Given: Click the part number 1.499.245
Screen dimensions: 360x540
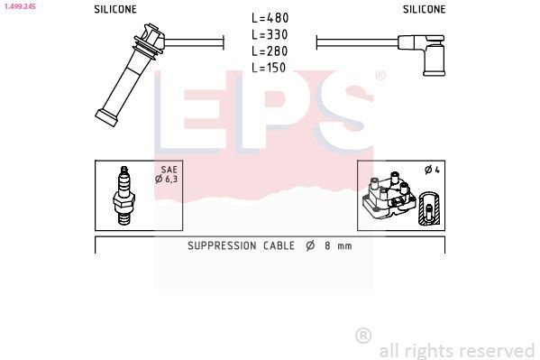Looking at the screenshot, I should click(x=19, y=5).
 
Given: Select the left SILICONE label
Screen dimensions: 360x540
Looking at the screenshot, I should click(x=115, y=9).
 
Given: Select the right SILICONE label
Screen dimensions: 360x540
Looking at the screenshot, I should click(x=424, y=9).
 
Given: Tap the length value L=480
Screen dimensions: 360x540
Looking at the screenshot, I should click(x=270, y=18).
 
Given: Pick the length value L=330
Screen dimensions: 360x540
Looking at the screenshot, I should click(x=270, y=34).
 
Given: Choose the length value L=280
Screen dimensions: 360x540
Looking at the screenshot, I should click(x=270, y=51).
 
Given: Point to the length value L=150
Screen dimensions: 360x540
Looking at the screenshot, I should click(x=270, y=67).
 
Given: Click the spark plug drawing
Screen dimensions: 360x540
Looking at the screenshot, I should click(x=124, y=195).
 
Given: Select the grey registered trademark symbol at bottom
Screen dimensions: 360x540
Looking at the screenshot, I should click(x=363, y=336).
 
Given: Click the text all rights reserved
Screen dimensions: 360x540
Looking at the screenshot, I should click(x=457, y=350).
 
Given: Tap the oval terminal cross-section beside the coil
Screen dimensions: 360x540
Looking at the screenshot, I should click(x=431, y=208).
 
